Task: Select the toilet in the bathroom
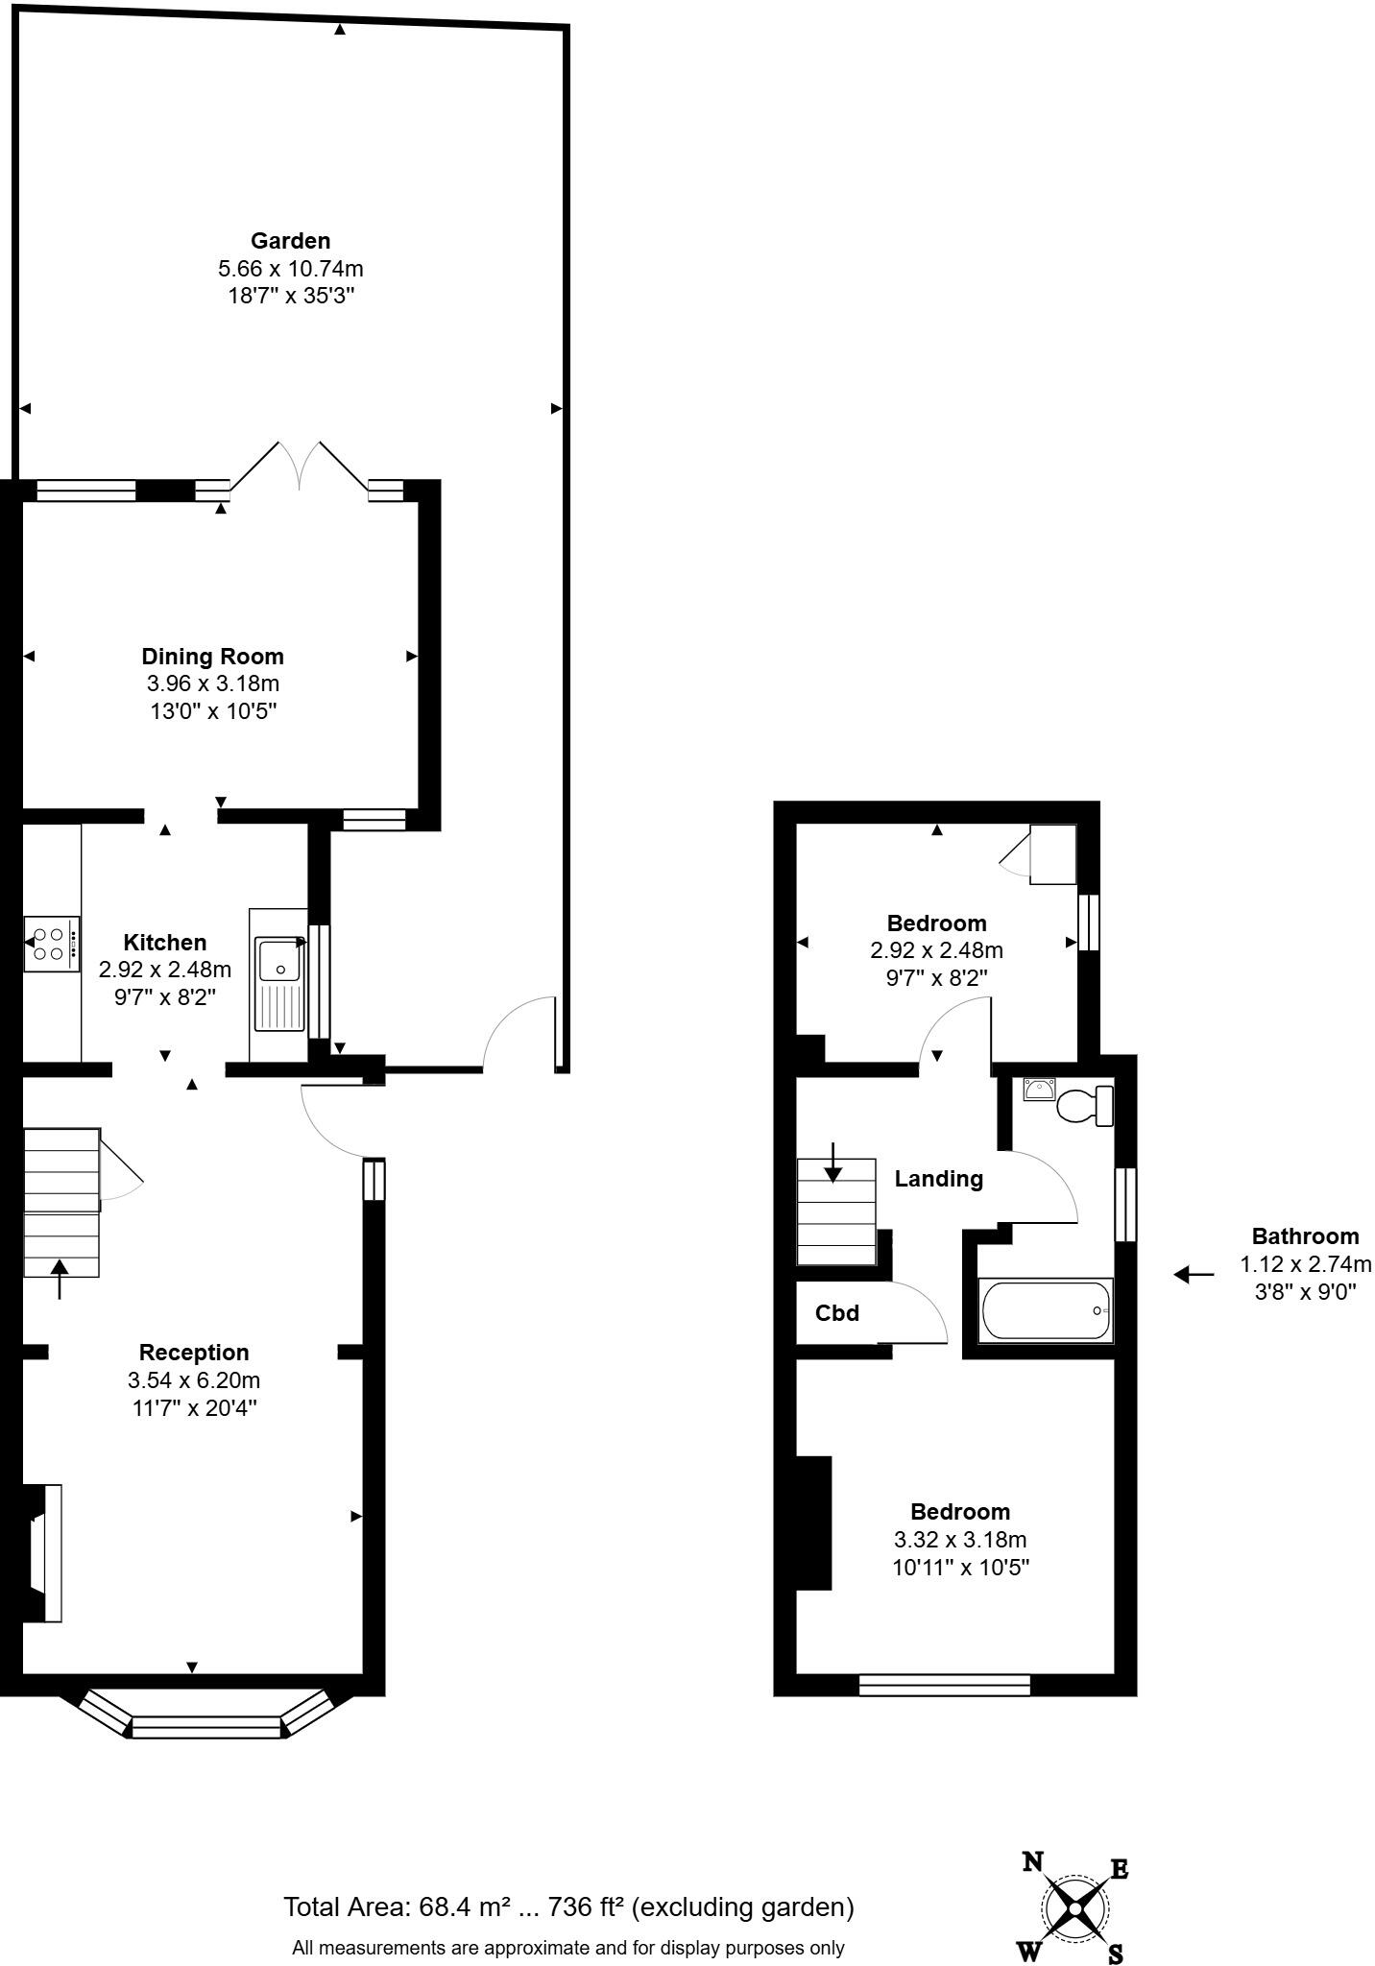(x=1085, y=1105)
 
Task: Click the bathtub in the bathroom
(x=1044, y=1309)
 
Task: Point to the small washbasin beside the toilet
(x=1039, y=1090)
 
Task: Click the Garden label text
(x=290, y=241)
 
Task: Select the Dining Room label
(x=212, y=657)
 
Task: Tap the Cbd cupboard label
(x=836, y=1313)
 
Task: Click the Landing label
(x=938, y=1179)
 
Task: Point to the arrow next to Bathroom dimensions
(x=1194, y=1275)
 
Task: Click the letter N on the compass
(x=1032, y=1862)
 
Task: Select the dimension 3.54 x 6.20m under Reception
(x=194, y=1380)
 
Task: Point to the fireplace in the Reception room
(x=43, y=1553)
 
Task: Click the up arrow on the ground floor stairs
(x=60, y=1279)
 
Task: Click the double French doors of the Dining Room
(x=300, y=466)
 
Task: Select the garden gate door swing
(x=519, y=1032)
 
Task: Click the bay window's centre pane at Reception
(x=207, y=1728)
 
